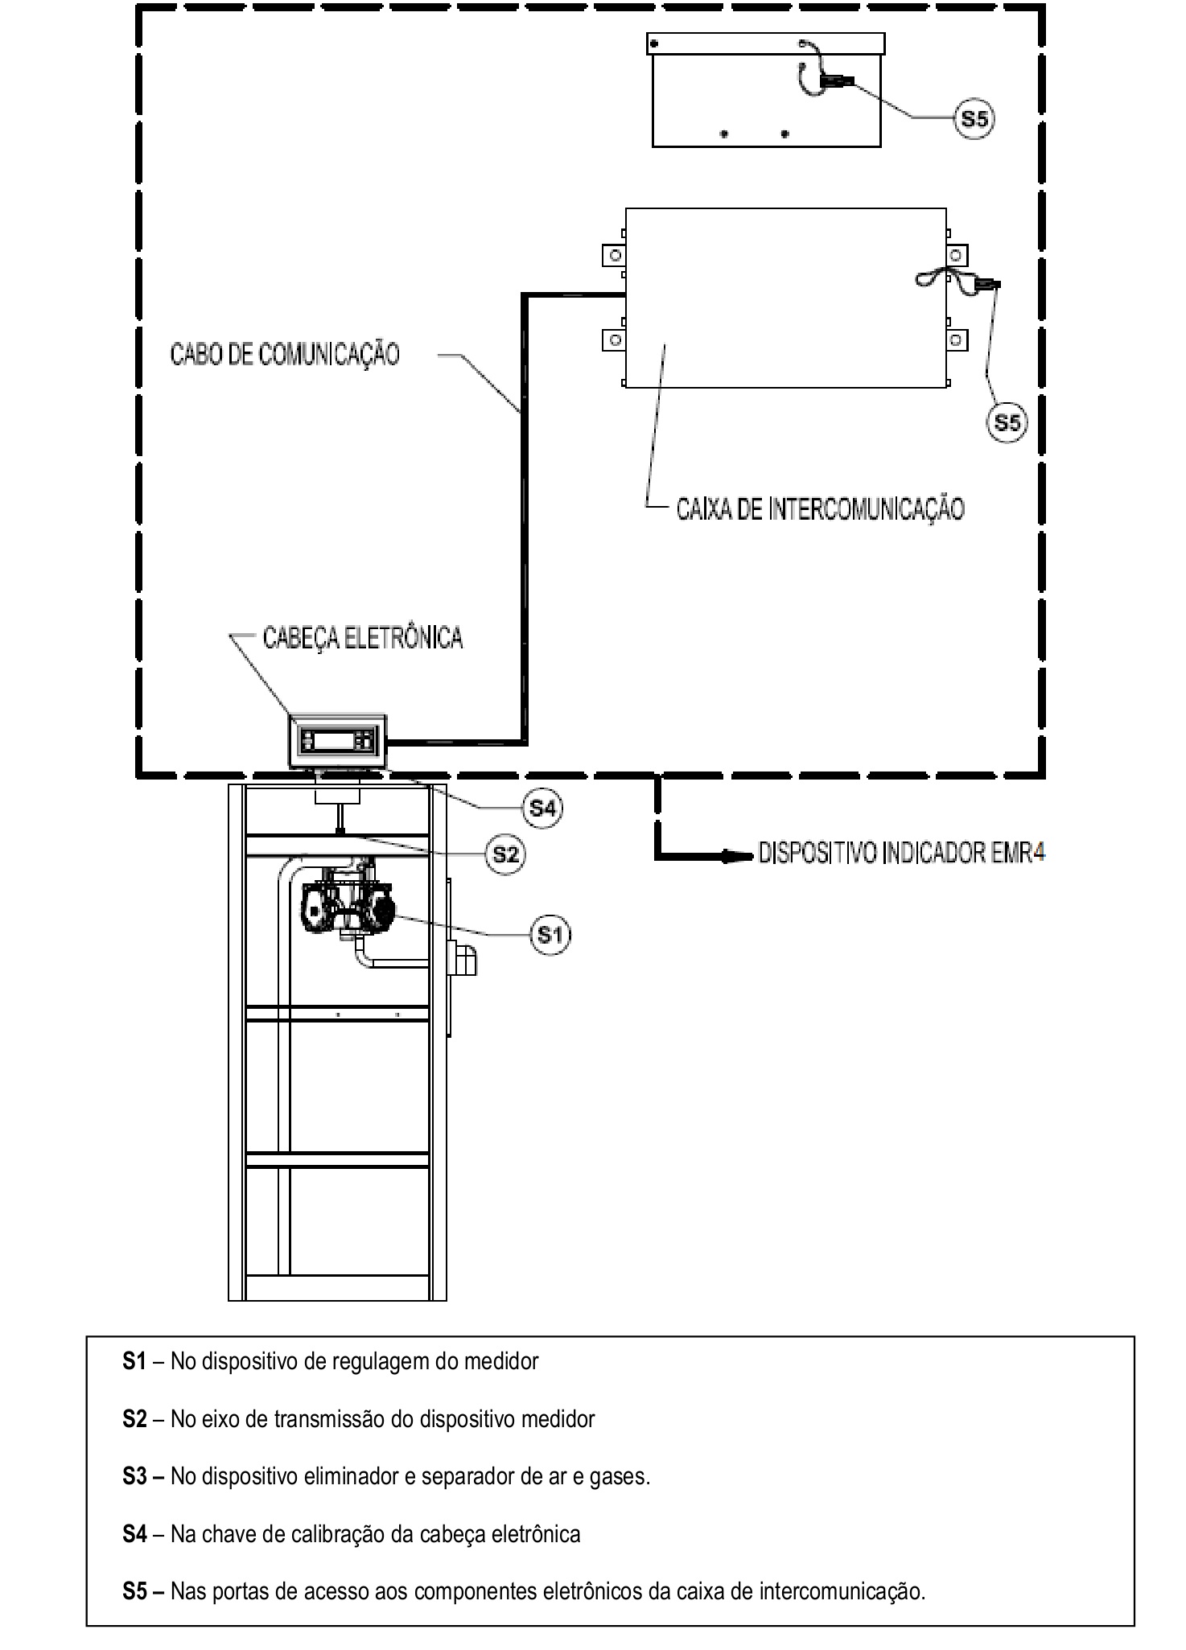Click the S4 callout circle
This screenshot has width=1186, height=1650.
click(542, 808)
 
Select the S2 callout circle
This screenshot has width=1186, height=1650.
click(505, 854)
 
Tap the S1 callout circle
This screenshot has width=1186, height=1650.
click(550, 934)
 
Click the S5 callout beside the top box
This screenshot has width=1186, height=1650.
click(974, 119)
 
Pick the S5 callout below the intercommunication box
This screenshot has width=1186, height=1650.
click(1007, 422)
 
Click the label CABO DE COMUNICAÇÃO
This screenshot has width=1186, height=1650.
click(285, 355)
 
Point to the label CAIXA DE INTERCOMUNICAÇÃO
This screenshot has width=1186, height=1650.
click(821, 508)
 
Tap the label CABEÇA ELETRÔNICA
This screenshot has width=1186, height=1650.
click(363, 638)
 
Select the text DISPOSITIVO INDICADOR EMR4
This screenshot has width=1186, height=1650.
click(902, 853)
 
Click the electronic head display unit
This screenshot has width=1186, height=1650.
click(338, 741)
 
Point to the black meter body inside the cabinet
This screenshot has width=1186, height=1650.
click(346, 907)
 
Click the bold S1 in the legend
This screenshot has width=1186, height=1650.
click(134, 1361)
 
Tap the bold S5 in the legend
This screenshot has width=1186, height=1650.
click(134, 1591)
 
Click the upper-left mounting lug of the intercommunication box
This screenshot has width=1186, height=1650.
click(614, 255)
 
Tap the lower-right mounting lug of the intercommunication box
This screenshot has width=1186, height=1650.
click(957, 339)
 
